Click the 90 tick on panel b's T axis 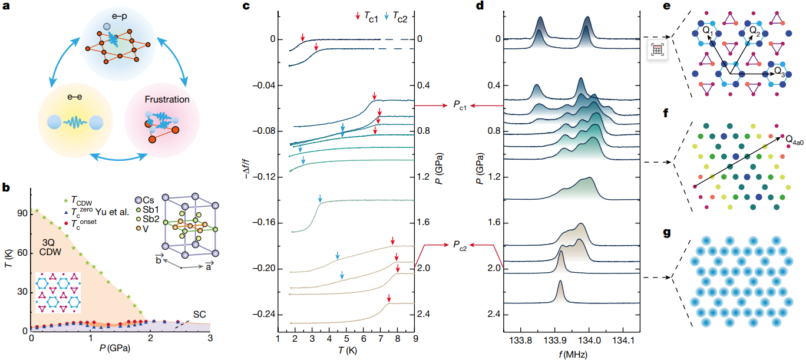pyautogui.click(x=22, y=214)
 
